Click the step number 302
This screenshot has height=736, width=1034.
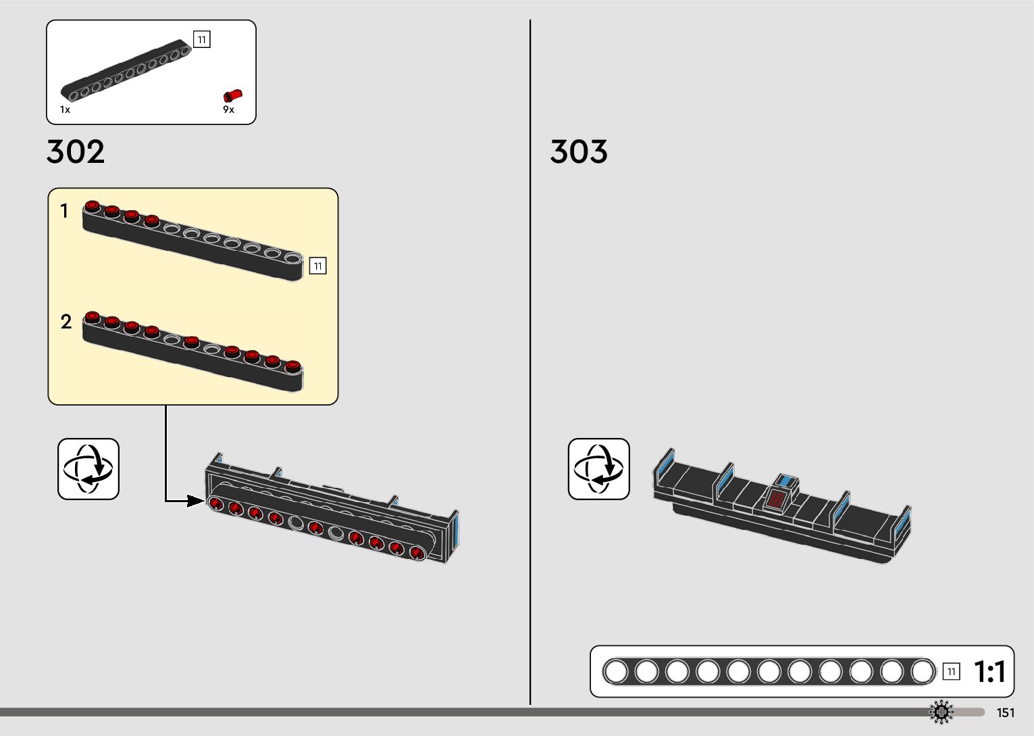(x=76, y=151)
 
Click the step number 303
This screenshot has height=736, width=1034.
(x=579, y=151)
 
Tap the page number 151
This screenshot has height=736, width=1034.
(x=1005, y=712)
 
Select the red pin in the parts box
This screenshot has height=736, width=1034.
(x=232, y=96)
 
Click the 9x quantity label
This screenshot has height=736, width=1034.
(x=228, y=109)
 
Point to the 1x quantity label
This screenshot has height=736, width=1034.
(x=65, y=109)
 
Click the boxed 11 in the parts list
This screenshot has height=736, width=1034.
(x=201, y=39)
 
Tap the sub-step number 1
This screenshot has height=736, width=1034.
(x=64, y=212)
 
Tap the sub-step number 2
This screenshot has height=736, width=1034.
(x=66, y=322)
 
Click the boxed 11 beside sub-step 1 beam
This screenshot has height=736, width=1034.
(x=317, y=266)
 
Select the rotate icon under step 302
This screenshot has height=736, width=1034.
(x=88, y=469)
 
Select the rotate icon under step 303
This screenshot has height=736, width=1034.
(x=598, y=469)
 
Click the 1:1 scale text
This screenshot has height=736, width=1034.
(x=989, y=672)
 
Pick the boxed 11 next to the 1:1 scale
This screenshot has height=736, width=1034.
(x=951, y=672)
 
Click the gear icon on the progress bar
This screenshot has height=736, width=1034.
(x=941, y=712)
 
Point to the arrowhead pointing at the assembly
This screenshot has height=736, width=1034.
(x=196, y=501)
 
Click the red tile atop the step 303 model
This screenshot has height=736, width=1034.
(x=777, y=499)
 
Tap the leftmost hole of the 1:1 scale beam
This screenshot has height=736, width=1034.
(x=615, y=672)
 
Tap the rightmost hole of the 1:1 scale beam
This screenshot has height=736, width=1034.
(x=923, y=672)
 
